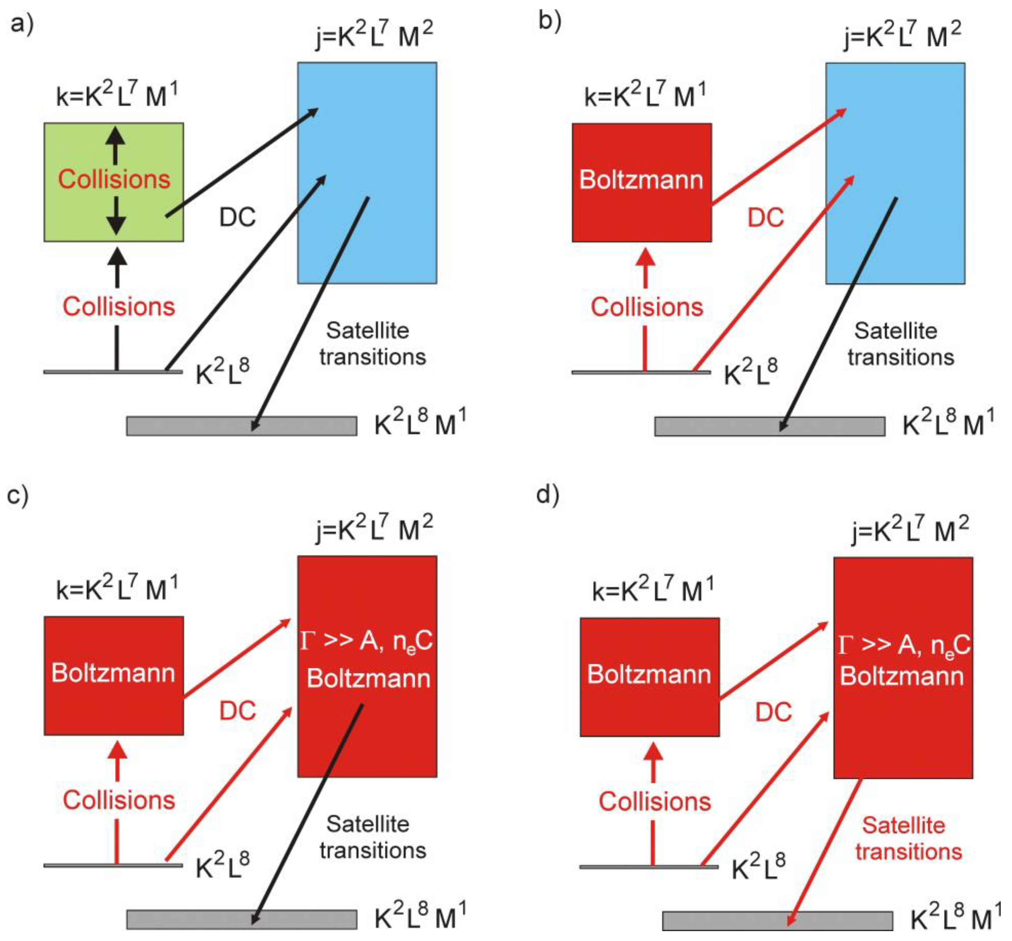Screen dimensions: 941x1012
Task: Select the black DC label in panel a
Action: coord(237,218)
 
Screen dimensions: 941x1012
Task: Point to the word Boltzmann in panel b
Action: coord(641,180)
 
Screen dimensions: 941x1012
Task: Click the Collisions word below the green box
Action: coord(119,307)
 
